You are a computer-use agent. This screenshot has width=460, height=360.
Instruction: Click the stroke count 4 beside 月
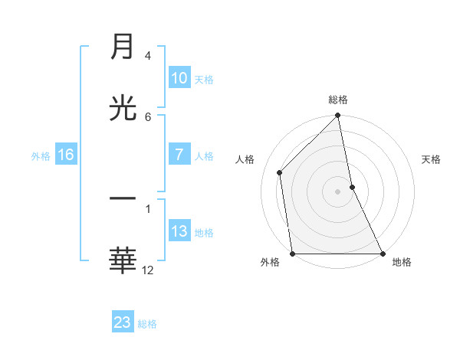pos(148,56)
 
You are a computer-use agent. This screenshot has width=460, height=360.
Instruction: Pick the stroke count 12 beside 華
pos(148,270)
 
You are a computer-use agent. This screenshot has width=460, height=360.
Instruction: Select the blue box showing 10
pos(179,78)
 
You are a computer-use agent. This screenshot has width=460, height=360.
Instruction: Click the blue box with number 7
pos(179,154)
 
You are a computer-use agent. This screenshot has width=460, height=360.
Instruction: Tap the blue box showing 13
pos(179,231)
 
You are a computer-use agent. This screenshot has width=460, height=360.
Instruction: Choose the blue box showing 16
pos(66,155)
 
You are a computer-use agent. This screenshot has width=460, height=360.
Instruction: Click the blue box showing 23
pos(123,322)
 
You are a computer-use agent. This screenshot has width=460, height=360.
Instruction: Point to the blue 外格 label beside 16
pos(41,155)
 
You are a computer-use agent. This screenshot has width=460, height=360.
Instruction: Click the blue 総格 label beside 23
pos(147,324)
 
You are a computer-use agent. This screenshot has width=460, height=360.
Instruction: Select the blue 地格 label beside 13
pos(204,233)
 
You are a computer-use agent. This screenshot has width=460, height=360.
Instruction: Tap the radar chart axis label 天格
pos(432,159)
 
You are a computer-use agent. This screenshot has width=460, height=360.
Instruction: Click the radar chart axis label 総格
pos(338,100)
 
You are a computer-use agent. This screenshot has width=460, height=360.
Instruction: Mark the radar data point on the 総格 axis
pos(338,116)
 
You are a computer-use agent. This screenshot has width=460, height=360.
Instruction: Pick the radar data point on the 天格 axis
pos(352,187)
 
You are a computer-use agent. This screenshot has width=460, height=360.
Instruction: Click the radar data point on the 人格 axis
pos(280,172)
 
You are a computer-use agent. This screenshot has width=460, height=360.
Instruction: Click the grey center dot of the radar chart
pos(338,191)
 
